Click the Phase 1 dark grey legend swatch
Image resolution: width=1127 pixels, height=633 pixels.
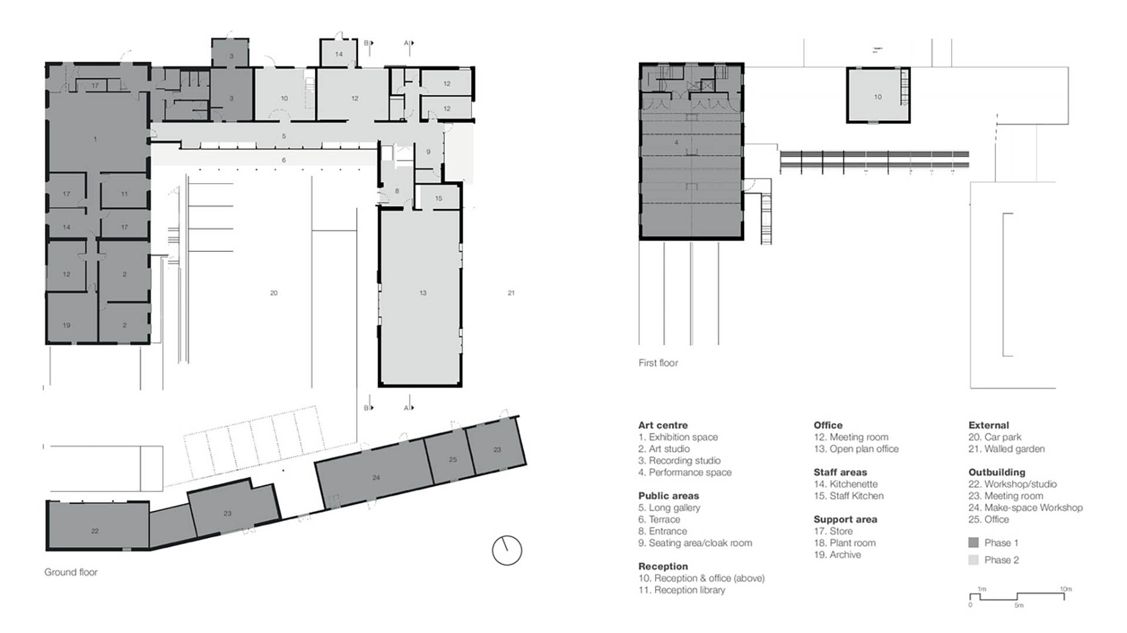973,543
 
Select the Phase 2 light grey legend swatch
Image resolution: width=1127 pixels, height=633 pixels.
973,560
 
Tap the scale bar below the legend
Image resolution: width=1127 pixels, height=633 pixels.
1017,596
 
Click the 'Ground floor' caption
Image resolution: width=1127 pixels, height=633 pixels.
71,572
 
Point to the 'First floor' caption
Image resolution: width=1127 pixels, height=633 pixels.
658,363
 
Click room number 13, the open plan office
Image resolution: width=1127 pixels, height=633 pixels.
423,292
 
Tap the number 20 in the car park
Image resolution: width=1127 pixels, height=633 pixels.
274,292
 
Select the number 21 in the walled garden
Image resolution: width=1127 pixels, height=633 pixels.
511,292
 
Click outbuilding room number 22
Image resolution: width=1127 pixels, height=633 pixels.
95,531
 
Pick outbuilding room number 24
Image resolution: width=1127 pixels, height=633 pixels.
376,477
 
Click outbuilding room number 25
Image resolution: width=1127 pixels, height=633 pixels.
453,459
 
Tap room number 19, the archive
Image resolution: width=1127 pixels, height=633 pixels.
66,325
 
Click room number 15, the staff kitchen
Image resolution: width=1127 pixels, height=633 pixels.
438,198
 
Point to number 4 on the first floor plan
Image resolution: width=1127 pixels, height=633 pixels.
676,143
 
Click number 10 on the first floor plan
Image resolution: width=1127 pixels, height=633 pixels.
878,97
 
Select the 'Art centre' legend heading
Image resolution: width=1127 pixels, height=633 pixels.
663,425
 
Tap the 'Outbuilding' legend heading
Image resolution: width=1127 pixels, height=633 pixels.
997,472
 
